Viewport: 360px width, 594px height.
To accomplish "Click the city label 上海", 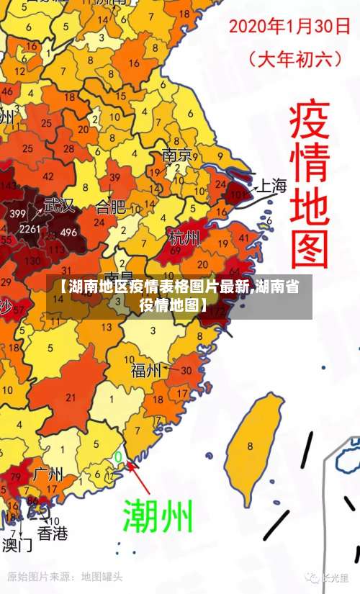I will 272,186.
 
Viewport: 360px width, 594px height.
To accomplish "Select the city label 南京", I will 177,156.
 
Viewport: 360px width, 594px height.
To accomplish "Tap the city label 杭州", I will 184,236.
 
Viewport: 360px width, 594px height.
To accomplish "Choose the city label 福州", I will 146,370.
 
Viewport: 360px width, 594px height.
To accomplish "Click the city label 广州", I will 48,474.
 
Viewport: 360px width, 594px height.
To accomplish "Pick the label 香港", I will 53,534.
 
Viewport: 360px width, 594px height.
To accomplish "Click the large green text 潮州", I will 158,516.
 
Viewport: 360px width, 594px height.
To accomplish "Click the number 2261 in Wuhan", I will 30,229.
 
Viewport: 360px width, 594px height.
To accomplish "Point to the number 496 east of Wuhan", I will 68,232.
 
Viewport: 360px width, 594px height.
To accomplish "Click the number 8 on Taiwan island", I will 249,446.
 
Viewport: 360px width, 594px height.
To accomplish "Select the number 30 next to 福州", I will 186,370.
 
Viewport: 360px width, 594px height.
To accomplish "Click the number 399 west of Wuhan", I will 18,213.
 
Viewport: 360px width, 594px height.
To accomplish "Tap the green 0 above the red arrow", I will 118,456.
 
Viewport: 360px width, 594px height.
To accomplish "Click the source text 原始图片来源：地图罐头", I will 65,577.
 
